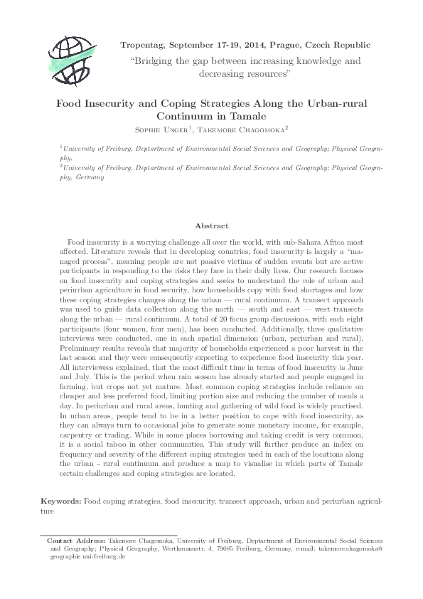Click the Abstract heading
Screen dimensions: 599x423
[x=211, y=228]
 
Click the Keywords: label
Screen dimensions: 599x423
[x=61, y=502]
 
